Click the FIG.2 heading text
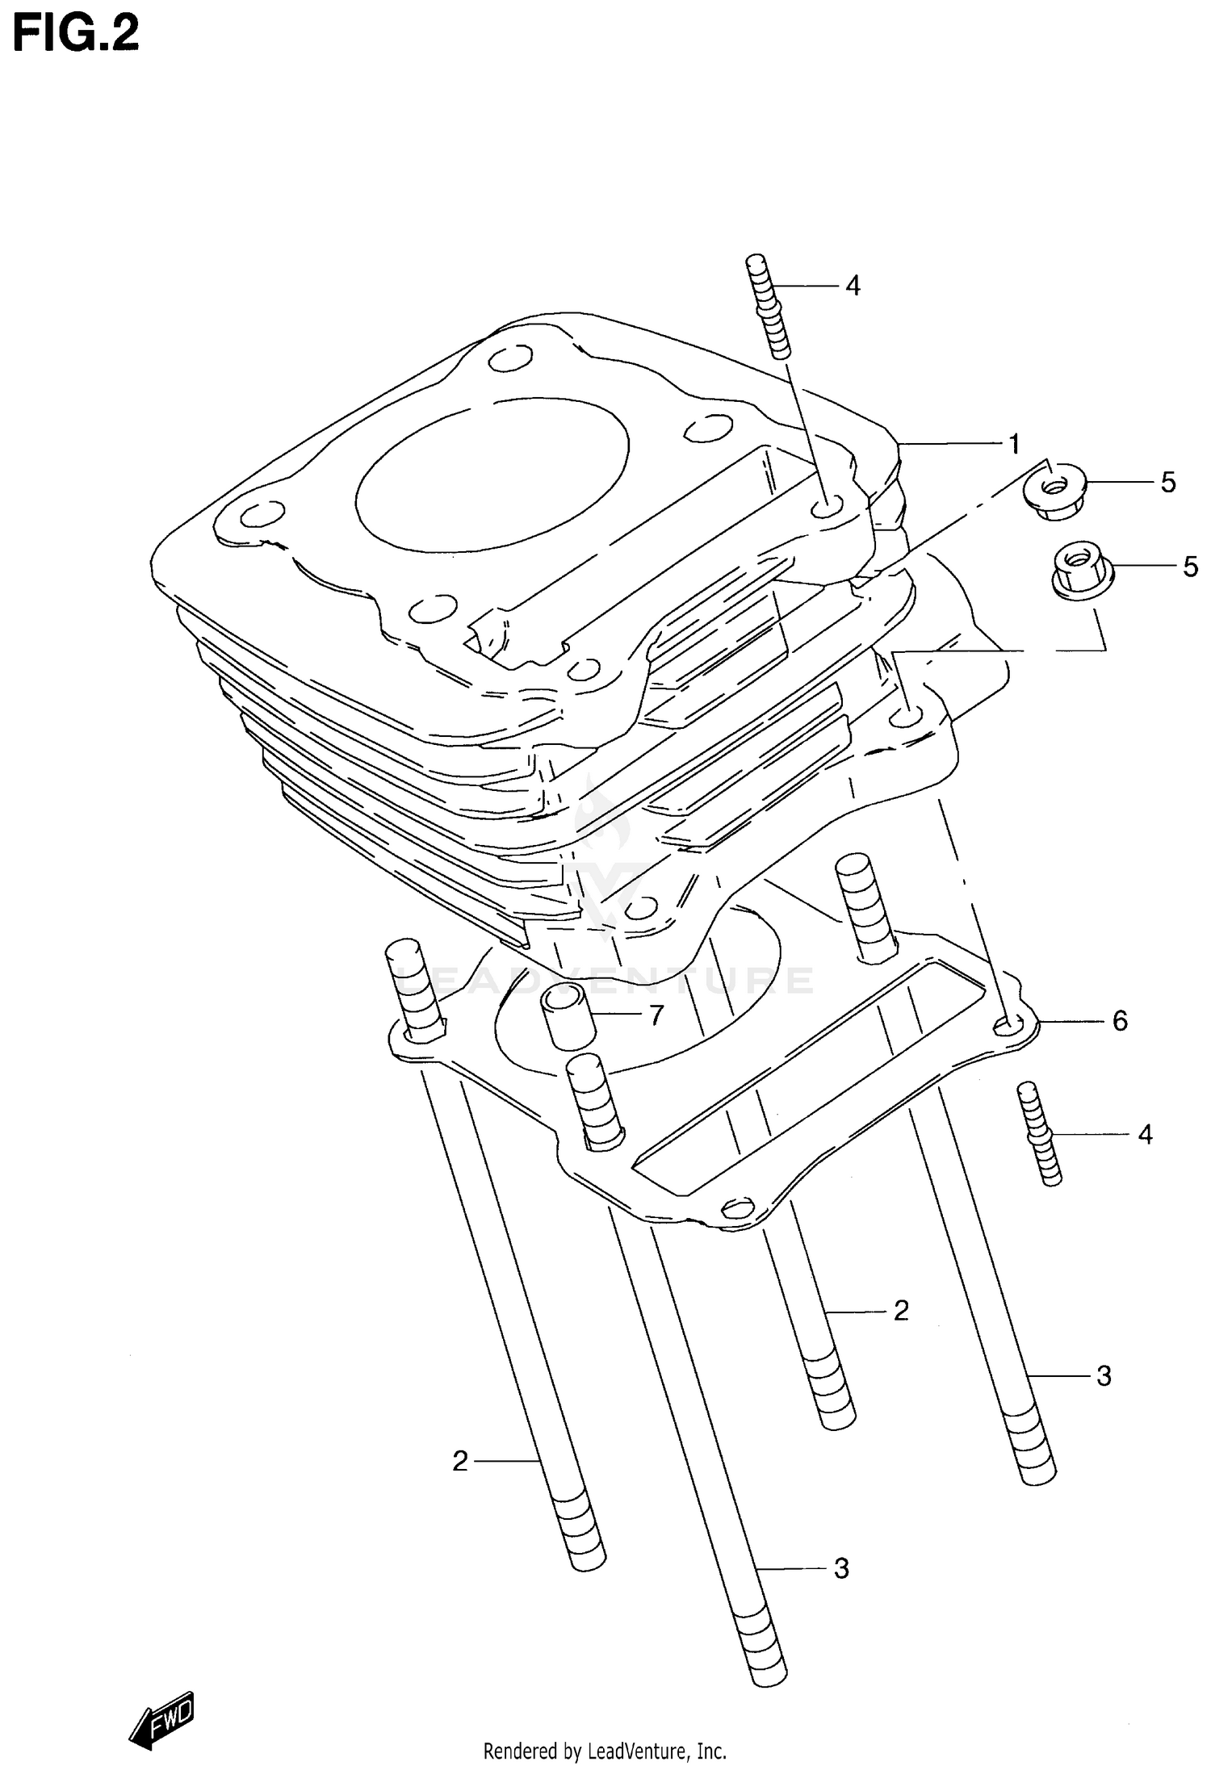(x=76, y=33)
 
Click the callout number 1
(x=1014, y=444)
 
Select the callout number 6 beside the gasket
(x=1120, y=1021)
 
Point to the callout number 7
(x=656, y=1015)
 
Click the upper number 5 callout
(x=1168, y=483)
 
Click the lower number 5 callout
(x=1190, y=567)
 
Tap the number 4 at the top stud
(x=853, y=286)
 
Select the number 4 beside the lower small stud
(x=1145, y=1135)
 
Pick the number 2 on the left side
(x=460, y=1461)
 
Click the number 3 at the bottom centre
(x=841, y=1568)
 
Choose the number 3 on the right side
(x=1104, y=1375)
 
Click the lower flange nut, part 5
(x=1082, y=569)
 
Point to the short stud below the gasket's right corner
(x=1040, y=1134)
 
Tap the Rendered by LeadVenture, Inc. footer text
(x=605, y=1751)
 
